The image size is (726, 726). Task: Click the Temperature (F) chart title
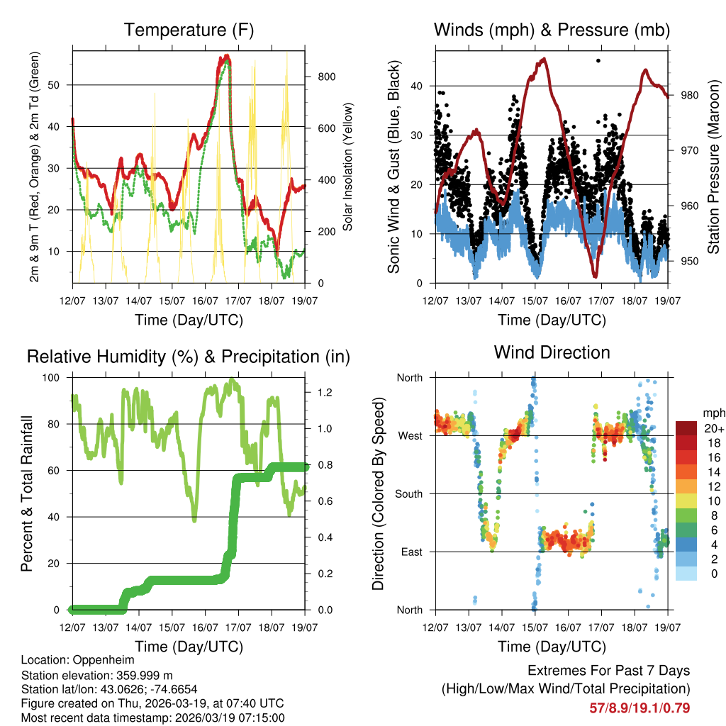[189, 30]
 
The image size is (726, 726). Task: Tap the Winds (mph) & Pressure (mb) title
[552, 30]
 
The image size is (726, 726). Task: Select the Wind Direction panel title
[552, 352]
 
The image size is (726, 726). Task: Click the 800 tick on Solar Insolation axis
[319, 77]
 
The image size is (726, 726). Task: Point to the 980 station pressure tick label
[690, 95]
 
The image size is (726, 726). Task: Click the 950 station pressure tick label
[690, 261]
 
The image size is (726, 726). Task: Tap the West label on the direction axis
[411, 435]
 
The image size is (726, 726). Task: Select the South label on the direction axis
[409, 493]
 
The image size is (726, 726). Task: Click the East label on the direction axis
[412, 552]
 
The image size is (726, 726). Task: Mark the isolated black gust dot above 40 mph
[598, 61]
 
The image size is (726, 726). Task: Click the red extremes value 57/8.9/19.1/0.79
[640, 708]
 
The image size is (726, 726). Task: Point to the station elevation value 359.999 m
[140, 675]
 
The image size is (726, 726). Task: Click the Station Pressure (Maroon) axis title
[714, 167]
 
